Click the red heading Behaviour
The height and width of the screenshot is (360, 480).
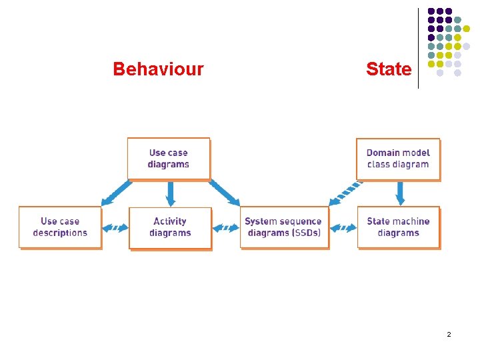tap(158, 69)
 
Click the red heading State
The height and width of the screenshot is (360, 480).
tap(389, 69)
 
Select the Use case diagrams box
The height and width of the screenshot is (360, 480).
tap(169, 159)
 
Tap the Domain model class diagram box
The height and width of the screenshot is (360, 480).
tap(398, 159)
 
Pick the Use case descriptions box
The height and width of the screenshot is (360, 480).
tap(60, 227)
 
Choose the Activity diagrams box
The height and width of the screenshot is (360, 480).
tap(170, 227)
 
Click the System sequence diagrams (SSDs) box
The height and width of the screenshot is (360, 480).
tap(284, 227)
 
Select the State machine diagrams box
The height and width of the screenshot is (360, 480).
tap(398, 227)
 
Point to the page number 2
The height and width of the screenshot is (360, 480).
tap(449, 333)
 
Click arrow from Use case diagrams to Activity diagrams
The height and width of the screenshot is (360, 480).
tap(171, 193)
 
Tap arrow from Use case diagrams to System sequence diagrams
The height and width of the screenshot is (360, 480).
tap(225, 193)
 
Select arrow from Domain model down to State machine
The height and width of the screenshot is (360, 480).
tap(400, 193)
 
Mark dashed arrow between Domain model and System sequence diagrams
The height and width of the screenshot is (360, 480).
tap(344, 193)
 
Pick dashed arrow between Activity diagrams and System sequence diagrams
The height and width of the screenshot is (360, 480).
tap(225, 228)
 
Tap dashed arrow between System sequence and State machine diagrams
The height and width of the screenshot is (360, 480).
tap(343, 228)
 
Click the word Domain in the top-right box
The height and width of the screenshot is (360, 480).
tap(382, 153)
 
